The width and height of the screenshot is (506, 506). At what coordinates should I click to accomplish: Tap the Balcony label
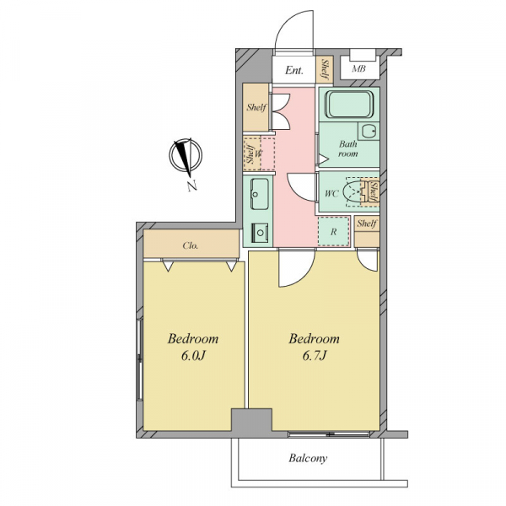pos(308,458)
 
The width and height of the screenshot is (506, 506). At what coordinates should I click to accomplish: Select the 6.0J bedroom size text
pos(193,356)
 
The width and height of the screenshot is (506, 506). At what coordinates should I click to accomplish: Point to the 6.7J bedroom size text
pos(315,356)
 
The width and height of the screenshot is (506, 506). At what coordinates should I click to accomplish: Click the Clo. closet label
pos(191,246)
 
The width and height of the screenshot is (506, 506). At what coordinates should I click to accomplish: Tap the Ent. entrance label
pos(294,70)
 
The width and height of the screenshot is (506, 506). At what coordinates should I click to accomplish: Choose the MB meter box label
pos(358,69)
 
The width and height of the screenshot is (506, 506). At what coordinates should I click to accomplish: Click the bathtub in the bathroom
pos(349,105)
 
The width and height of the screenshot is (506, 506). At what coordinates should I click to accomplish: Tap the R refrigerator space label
pos(334,231)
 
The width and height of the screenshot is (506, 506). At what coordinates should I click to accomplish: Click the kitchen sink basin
pos(259,194)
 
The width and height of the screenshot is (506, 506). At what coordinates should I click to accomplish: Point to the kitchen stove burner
pos(260,232)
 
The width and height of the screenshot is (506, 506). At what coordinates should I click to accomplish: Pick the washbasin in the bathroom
pos(369,132)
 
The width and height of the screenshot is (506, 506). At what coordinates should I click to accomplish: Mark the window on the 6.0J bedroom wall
pos(139,359)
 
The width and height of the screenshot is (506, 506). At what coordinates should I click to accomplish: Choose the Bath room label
pos(347,148)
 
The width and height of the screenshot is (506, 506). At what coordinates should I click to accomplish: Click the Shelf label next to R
pos(367,223)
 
